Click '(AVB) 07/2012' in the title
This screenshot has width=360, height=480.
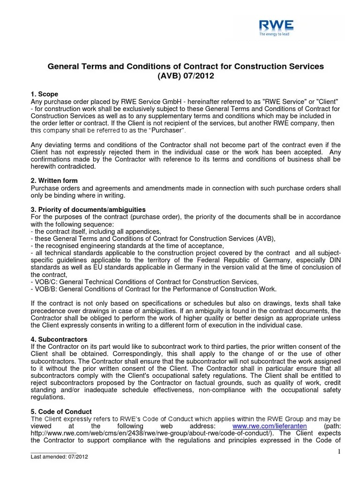[x=186, y=76]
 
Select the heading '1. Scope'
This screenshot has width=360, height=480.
[x=45, y=94]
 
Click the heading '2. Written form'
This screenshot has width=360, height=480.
[x=54, y=180]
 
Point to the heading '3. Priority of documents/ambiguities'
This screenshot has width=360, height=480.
[x=88, y=209]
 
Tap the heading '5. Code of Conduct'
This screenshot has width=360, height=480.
[x=59, y=411]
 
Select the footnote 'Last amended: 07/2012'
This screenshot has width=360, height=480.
[x=59, y=457]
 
